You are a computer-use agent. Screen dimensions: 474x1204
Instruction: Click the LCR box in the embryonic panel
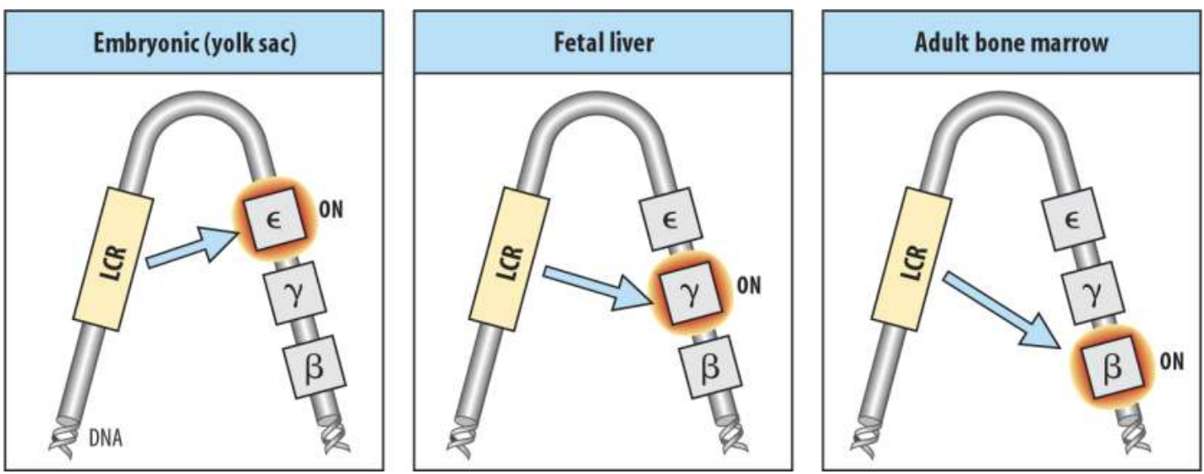(113, 257)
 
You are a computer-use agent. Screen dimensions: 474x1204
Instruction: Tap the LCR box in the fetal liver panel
(514, 257)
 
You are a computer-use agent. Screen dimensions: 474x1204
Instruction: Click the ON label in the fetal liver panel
(749, 284)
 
